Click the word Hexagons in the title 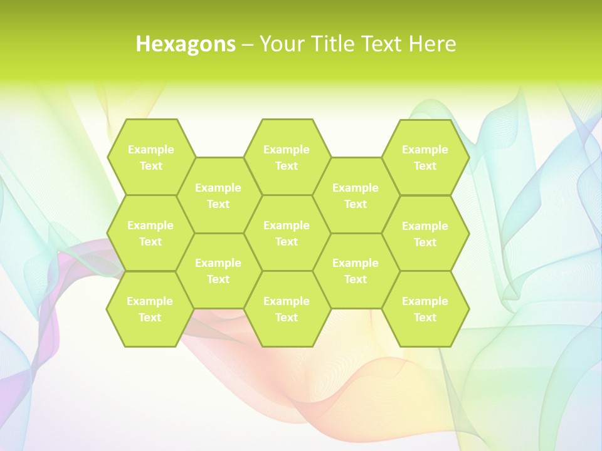186,44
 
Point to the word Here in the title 432,44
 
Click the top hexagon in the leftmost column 150,157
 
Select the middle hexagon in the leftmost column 150,233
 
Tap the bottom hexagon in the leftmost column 150,309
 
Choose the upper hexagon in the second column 218,195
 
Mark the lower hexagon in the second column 218,271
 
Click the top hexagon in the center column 287,157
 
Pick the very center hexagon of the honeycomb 287,233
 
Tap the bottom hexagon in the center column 287,309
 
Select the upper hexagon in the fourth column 356,195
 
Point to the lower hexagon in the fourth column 356,271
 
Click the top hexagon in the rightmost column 425,157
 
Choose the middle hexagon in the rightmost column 425,234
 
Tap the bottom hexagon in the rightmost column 425,309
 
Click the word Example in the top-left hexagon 151,150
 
